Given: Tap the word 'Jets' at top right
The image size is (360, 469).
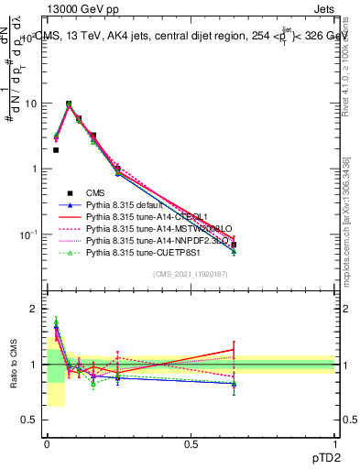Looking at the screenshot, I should point(323,8).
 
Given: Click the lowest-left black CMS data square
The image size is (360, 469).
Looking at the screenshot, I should point(56,150).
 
